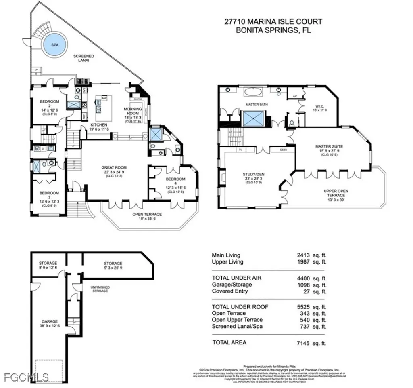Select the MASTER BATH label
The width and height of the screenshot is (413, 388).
257,105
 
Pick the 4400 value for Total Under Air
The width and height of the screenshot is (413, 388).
304,278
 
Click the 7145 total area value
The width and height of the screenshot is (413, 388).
304,343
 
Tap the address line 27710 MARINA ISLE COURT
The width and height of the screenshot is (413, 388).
273,22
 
